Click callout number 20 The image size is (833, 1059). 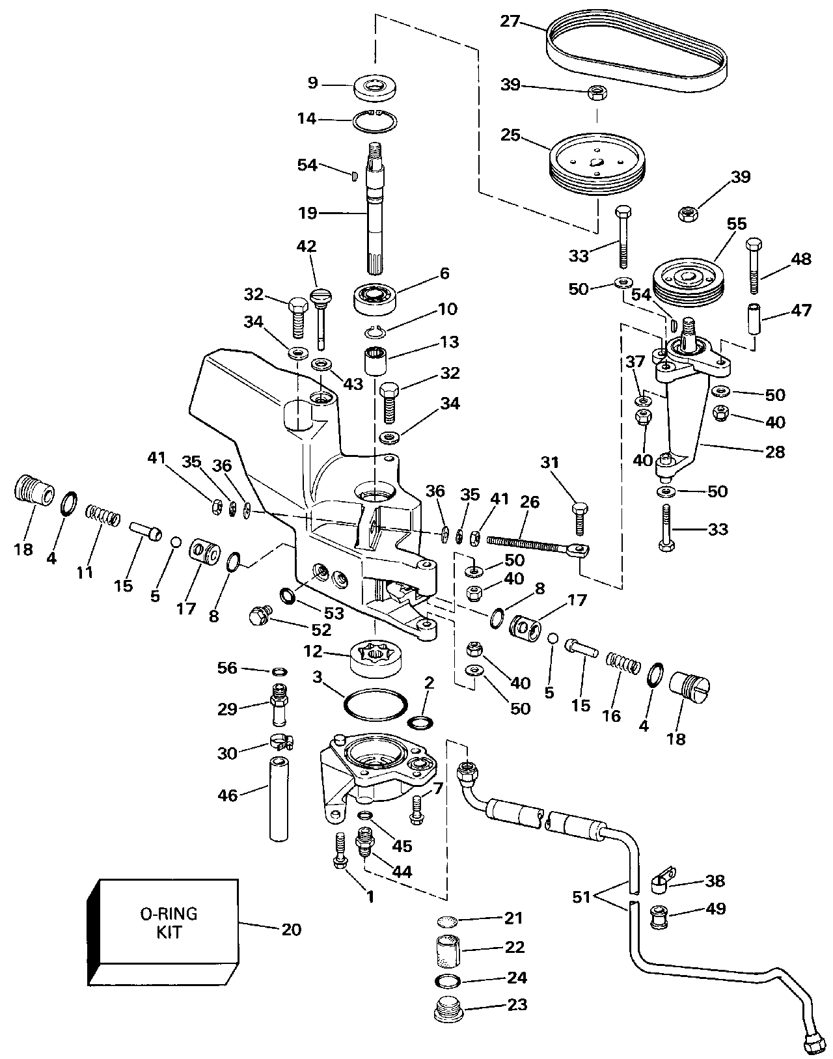coord(291,929)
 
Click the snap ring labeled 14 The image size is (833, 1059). coord(376,121)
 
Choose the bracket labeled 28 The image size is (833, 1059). coord(683,417)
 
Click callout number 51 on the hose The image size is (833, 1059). coord(581,896)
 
